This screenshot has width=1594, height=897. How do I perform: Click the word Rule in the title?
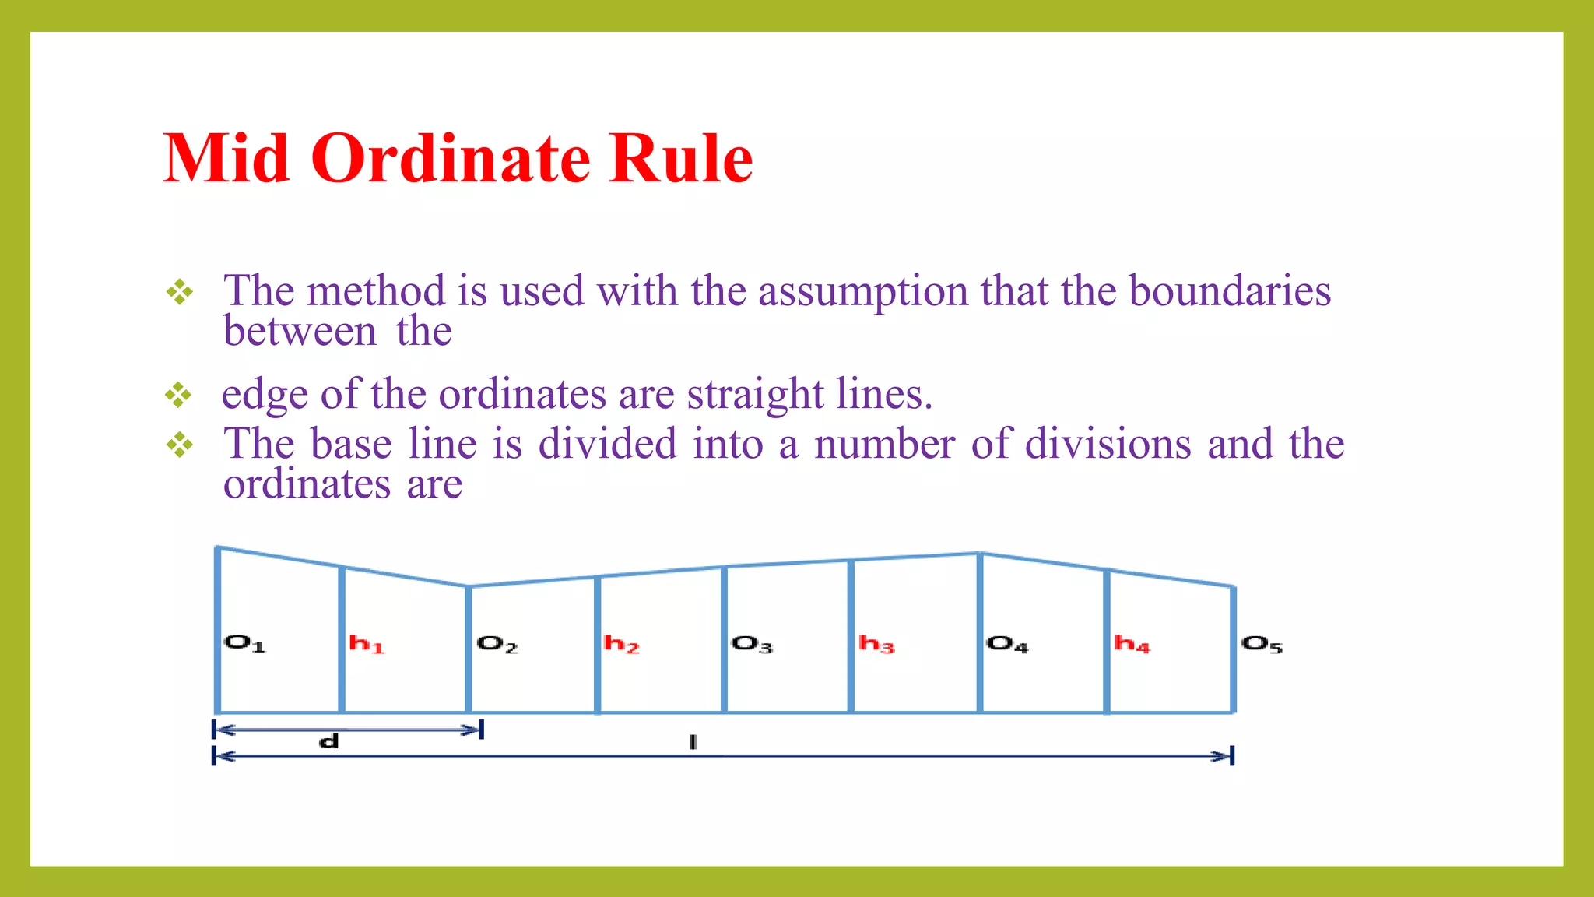click(x=681, y=158)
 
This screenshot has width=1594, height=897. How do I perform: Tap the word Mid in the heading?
click(x=226, y=158)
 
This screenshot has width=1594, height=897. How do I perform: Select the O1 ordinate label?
click(x=244, y=643)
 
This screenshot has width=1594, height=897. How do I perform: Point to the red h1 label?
click(x=367, y=644)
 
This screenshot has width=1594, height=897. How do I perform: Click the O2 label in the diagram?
click(x=497, y=644)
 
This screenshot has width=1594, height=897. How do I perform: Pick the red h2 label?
click(x=621, y=644)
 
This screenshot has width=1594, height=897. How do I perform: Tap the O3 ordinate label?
click(x=752, y=644)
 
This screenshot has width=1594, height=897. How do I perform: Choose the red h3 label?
click(x=876, y=644)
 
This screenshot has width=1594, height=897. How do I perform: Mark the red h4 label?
click(x=1132, y=644)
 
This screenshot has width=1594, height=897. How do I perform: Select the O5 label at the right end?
click(x=1262, y=644)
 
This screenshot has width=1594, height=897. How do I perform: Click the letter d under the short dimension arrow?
click(x=329, y=741)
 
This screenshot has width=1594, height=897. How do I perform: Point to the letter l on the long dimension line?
click(x=692, y=742)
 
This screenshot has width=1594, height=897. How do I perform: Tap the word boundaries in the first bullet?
click(x=1230, y=291)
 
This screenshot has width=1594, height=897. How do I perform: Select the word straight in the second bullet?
click(x=755, y=395)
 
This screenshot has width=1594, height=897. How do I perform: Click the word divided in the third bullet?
click(x=608, y=444)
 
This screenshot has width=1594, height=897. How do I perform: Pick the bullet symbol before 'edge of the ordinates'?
click(x=178, y=396)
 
